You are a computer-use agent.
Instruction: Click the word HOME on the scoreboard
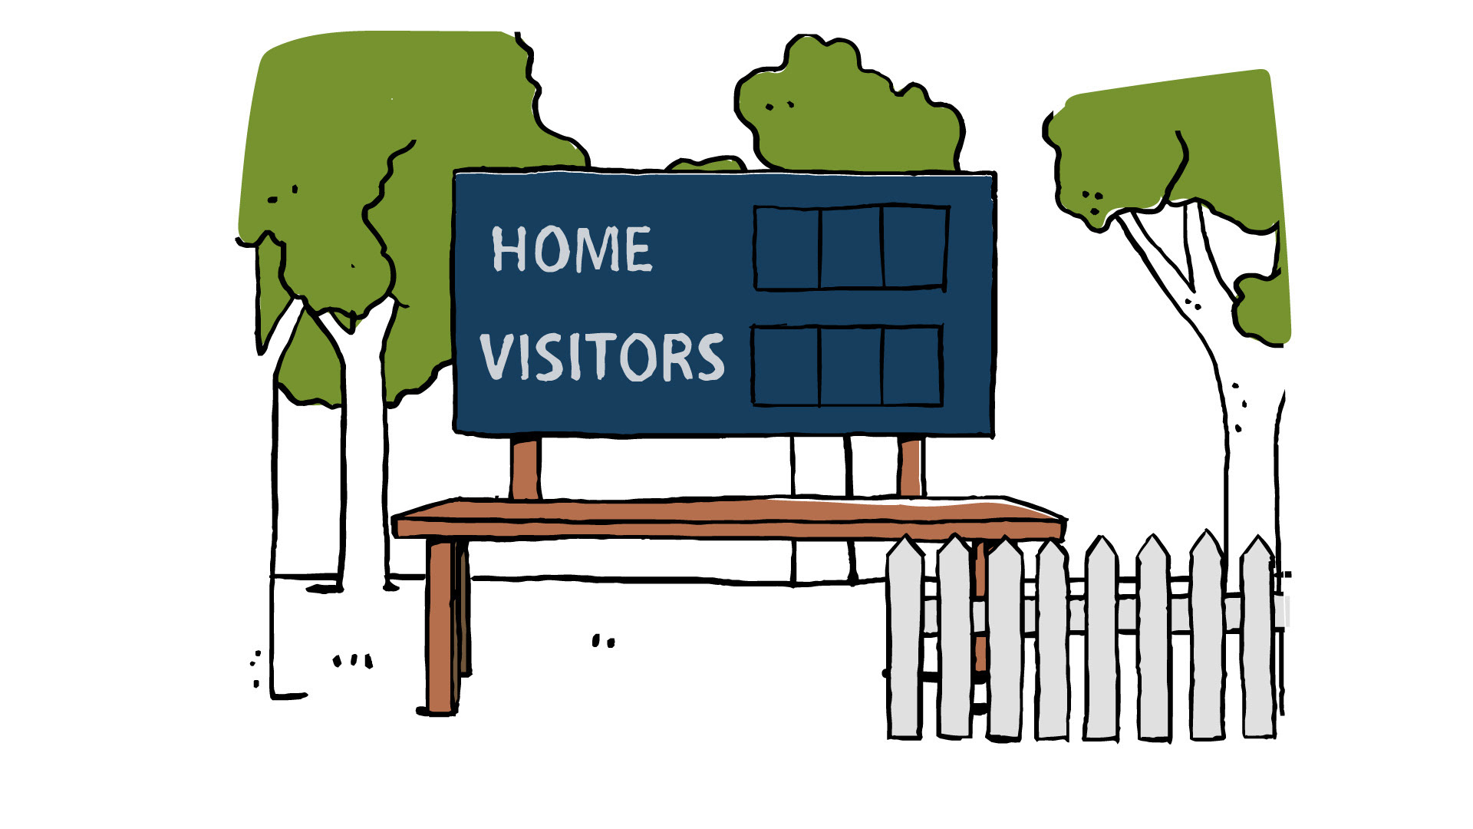[572, 249]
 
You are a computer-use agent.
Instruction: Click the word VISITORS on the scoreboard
[602, 357]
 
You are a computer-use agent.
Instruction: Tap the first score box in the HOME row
[787, 248]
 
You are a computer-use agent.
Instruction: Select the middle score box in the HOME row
[852, 248]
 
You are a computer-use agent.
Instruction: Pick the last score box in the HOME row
[914, 247]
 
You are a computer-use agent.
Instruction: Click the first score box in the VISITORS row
[786, 365]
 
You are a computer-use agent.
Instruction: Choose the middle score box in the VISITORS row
[851, 366]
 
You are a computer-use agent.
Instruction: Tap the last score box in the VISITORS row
[911, 366]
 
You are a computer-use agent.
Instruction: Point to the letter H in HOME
[508, 249]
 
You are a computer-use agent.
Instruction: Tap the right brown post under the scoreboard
[910, 466]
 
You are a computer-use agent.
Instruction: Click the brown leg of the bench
[441, 626]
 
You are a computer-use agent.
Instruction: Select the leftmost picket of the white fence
[905, 637]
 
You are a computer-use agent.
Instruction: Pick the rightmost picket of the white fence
[1257, 637]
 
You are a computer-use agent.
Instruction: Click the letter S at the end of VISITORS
[710, 358]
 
